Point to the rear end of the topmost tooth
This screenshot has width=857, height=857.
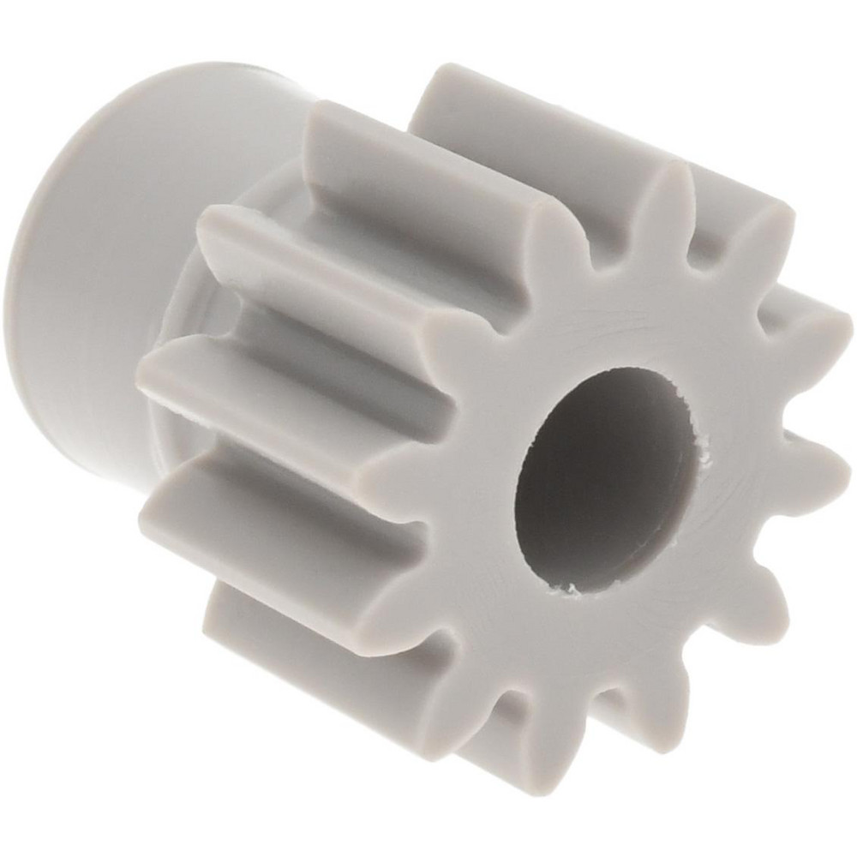pos(446,86)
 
